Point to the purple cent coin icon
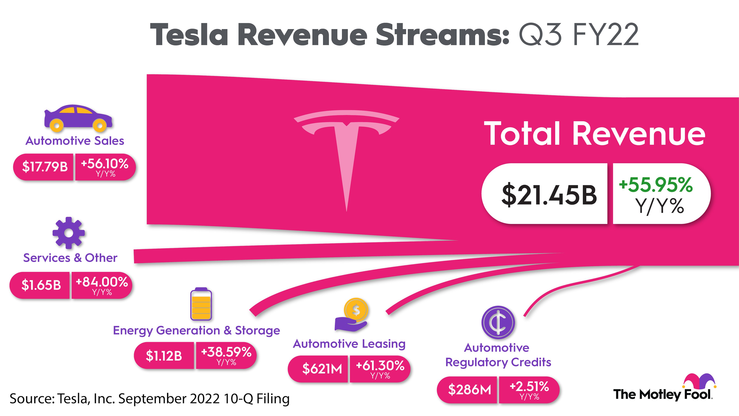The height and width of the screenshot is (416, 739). [498, 322]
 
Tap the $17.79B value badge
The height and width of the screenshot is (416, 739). [45, 167]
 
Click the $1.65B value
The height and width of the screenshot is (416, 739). [41, 285]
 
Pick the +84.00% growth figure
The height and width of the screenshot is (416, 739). [102, 282]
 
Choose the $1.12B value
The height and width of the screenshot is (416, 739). [164, 355]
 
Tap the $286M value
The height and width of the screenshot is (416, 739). [469, 390]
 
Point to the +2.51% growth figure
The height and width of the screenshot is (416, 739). [529, 387]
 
